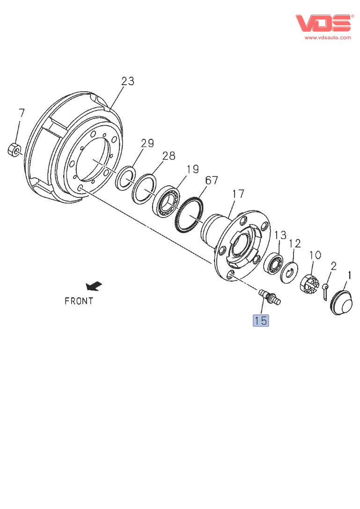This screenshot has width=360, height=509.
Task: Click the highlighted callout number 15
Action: [261, 320]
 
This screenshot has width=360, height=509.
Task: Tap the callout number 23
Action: [127, 81]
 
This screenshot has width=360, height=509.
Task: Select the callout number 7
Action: [22, 113]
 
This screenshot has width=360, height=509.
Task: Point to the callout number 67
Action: [212, 180]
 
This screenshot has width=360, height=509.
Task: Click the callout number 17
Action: [238, 193]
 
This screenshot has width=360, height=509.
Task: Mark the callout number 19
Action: [192, 168]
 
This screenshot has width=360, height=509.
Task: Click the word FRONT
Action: [79, 301]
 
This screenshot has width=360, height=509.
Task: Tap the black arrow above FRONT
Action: [94, 285]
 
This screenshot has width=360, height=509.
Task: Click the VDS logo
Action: [323, 22]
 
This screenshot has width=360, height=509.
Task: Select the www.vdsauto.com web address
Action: [327, 37]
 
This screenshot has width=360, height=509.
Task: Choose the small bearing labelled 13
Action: [274, 263]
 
